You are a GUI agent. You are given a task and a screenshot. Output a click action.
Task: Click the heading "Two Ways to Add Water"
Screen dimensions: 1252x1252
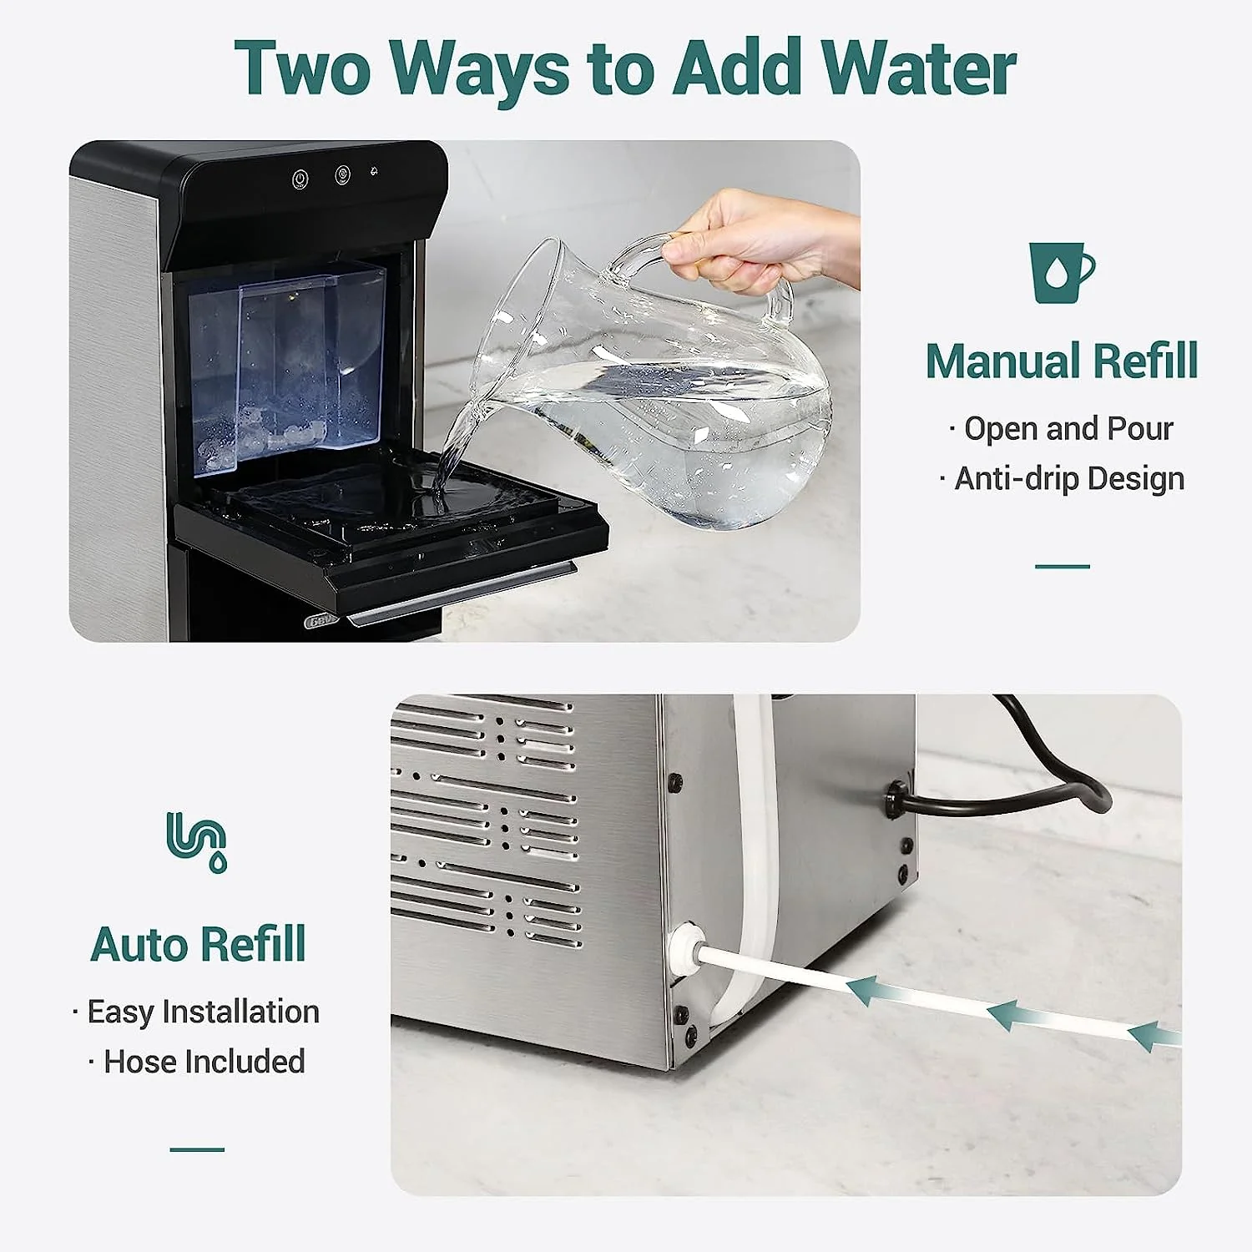pyautogui.click(x=624, y=68)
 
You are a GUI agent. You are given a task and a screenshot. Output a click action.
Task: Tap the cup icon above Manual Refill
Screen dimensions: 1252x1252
pyautogui.click(x=1060, y=272)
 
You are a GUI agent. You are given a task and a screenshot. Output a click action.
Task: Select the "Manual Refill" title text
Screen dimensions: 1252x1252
pyautogui.click(x=1061, y=361)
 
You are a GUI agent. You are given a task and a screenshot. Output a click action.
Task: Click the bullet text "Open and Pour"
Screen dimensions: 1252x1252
pyautogui.click(x=1068, y=429)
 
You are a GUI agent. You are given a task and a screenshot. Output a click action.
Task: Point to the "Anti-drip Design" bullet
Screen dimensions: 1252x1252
pyautogui.click(x=1068, y=479)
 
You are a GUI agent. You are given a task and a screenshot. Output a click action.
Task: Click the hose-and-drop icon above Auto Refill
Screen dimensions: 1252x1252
pyautogui.click(x=197, y=841)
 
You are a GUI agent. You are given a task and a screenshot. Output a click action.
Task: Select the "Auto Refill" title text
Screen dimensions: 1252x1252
pyautogui.click(x=198, y=945)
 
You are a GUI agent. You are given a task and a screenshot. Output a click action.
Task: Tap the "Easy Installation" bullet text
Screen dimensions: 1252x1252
pyautogui.click(x=203, y=1012)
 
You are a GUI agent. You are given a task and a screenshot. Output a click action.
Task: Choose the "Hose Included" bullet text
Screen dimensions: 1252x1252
pyautogui.click(x=204, y=1062)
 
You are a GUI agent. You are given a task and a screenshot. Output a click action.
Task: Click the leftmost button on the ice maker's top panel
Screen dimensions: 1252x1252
pyautogui.click(x=300, y=179)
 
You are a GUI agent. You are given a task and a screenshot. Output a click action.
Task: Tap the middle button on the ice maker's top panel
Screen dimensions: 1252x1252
pyautogui.click(x=342, y=175)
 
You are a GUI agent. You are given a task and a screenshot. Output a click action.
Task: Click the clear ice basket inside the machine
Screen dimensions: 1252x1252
pyautogui.click(x=288, y=367)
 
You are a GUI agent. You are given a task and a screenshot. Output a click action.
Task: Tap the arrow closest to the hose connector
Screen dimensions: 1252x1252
pyautogui.click(x=876, y=992)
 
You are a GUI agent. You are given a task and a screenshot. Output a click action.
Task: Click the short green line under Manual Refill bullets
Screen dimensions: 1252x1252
pyautogui.click(x=1062, y=567)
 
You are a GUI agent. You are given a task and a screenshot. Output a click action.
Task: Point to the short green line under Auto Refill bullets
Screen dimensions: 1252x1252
pyautogui.click(x=197, y=1149)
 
